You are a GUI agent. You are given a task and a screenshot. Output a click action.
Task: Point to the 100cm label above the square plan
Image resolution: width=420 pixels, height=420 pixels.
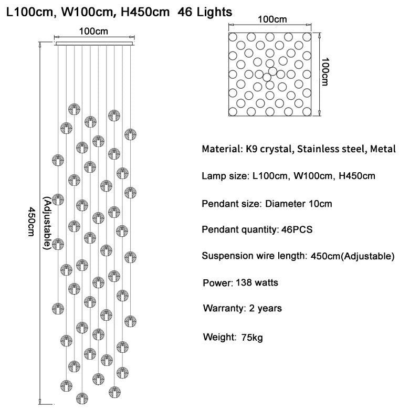[272, 19]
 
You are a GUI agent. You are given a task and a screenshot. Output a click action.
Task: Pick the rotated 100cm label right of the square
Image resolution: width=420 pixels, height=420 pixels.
[325, 72]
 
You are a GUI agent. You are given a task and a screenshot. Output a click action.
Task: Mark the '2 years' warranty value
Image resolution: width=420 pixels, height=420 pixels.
[263, 308]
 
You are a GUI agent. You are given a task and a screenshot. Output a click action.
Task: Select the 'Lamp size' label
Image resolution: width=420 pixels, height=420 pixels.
[224, 176]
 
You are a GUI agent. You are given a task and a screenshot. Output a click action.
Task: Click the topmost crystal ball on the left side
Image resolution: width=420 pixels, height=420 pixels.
[74, 108]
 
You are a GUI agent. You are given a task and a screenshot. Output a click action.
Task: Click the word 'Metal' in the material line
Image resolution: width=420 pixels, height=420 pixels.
[382, 150]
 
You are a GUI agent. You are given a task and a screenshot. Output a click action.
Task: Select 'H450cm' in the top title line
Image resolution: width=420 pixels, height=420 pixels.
[145, 12]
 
